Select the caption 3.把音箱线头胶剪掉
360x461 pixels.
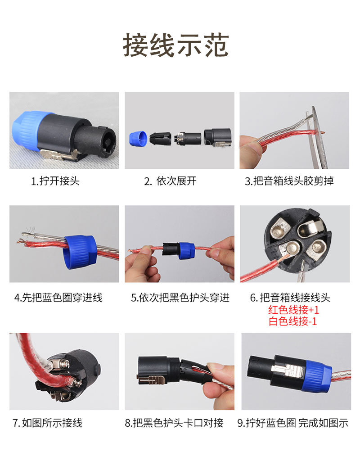pyautogui.click(x=289, y=181)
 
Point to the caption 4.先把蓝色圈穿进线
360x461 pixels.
pyautogui.click(x=58, y=298)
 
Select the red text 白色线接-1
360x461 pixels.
pyautogui.click(x=292, y=321)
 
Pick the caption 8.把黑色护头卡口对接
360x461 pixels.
pyautogui.click(x=174, y=423)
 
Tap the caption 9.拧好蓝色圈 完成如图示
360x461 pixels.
pyautogui.click(x=293, y=423)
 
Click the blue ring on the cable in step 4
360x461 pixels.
pyautogui.click(x=79, y=251)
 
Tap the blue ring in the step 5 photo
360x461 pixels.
pyautogui.click(x=186, y=250)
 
